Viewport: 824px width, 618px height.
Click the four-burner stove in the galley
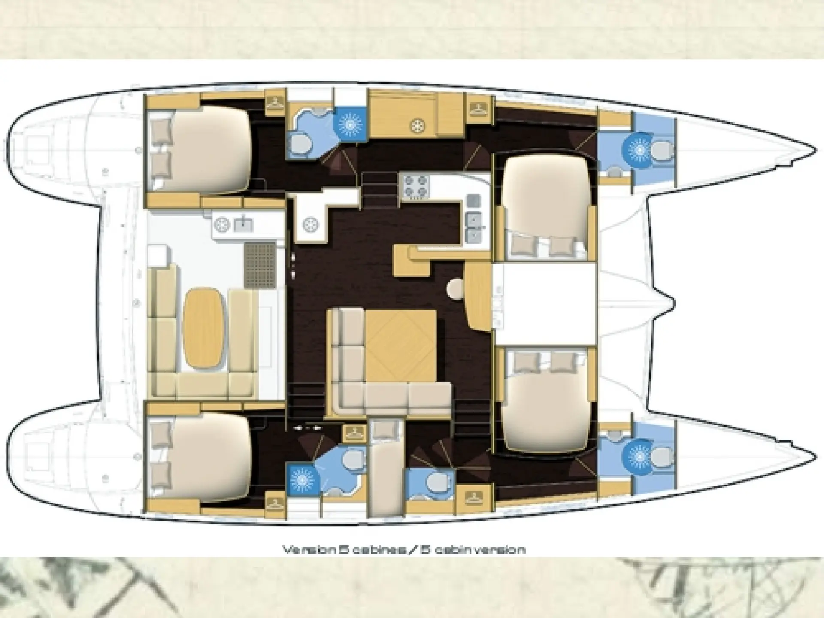415,186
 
